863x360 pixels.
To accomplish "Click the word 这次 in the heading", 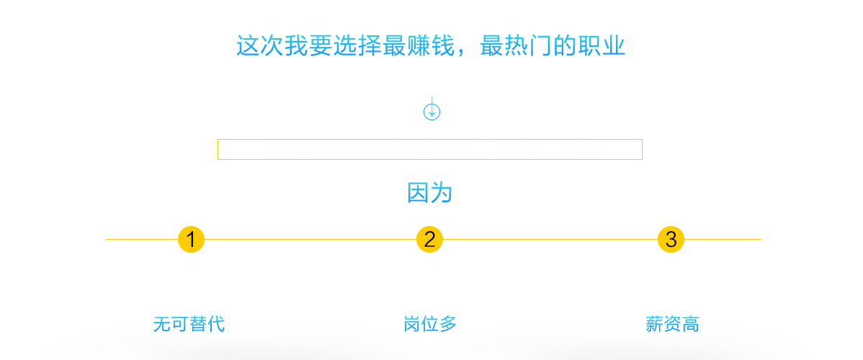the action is (260, 45).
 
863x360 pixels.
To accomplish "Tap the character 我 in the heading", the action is (297, 45).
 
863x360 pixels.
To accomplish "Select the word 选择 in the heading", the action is (358, 45).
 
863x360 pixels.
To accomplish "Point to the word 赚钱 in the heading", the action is (431, 45).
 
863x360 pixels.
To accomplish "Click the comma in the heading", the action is (460, 53).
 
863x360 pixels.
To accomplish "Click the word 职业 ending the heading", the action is (602, 45).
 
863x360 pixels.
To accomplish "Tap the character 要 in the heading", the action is (321, 45).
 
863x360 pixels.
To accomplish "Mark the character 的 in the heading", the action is (565, 45).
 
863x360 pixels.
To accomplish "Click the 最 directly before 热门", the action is (491, 45).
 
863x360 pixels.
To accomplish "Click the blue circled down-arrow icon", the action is (431, 112).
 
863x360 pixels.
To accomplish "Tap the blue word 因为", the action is (430, 193).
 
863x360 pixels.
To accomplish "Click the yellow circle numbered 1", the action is (191, 240).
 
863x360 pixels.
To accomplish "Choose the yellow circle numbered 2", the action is (430, 240).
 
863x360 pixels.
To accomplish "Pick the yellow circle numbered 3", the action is (671, 240).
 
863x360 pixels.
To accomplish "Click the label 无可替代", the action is (189, 324).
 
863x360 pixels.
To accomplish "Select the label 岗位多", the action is (430, 324).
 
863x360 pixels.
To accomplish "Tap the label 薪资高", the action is (672, 324).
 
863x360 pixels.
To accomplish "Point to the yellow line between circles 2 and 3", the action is (550, 240).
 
